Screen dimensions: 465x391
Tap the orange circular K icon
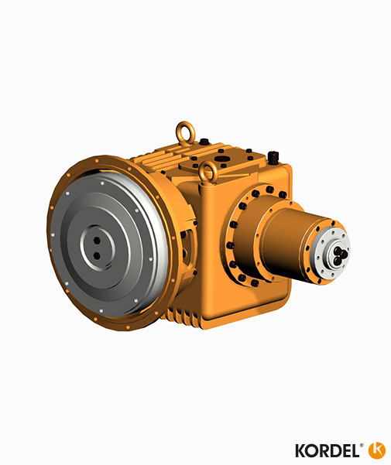click(377, 450)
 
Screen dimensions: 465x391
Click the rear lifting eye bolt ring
click(184, 131)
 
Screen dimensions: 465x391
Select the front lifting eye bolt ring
click(208, 172)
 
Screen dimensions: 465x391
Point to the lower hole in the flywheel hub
click(97, 254)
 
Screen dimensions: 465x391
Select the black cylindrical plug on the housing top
click(273, 159)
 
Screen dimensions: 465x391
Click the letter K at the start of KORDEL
click(301, 450)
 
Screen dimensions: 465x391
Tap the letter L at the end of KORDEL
click(355, 450)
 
